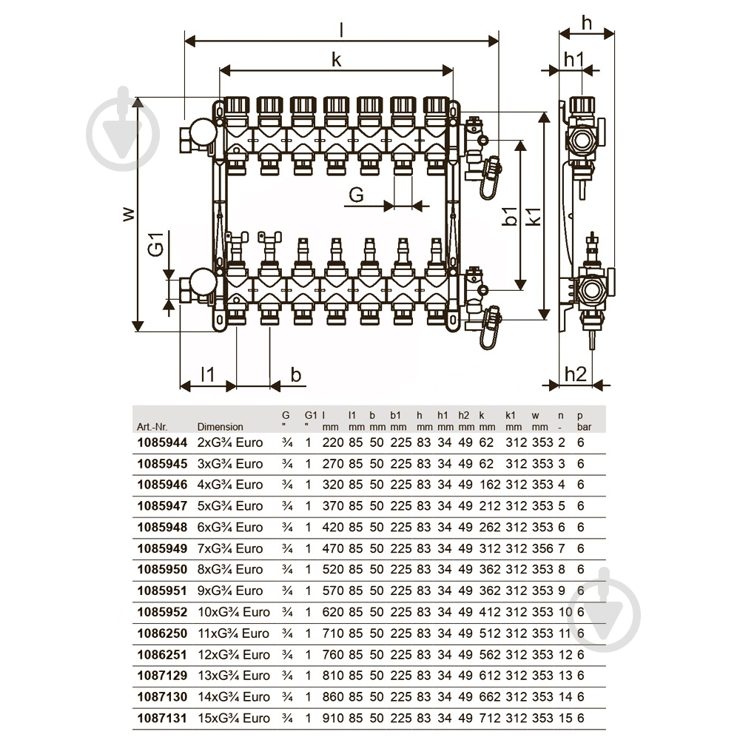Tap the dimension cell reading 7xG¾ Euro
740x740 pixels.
pyautogui.click(x=230, y=549)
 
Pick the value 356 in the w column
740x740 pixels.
pyautogui.click(x=542, y=549)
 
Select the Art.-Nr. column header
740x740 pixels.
pyautogui.click(x=152, y=427)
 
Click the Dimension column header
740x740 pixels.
pyautogui.click(x=220, y=427)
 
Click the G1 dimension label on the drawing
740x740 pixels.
pyautogui.click(x=155, y=244)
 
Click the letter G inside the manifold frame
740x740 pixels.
pyautogui.click(x=356, y=195)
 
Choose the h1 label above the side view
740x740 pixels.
pyautogui.click(x=574, y=59)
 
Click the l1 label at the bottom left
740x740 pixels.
pyautogui.click(x=207, y=374)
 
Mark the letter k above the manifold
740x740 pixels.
pyautogui.click(x=336, y=61)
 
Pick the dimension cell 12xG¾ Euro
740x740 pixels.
pyautogui.click(x=233, y=654)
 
